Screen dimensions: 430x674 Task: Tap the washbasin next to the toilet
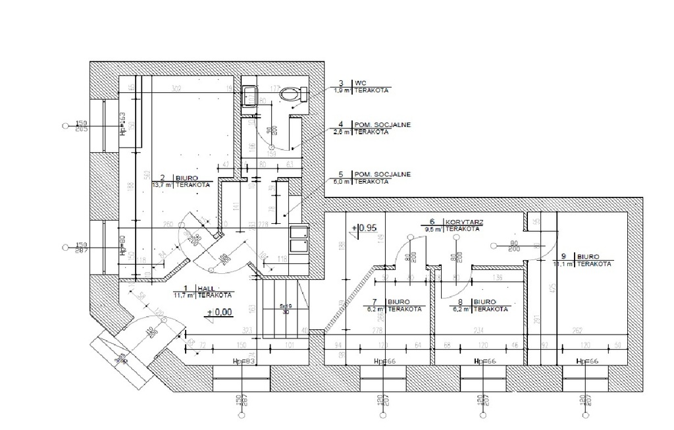point(249,96)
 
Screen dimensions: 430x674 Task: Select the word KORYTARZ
point(464,223)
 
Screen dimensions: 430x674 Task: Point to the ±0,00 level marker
point(219,313)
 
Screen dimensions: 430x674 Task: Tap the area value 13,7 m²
point(162,185)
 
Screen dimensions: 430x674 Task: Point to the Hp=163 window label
point(122,122)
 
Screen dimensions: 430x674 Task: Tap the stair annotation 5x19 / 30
point(284,309)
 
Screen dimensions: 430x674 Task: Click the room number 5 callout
point(340,175)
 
